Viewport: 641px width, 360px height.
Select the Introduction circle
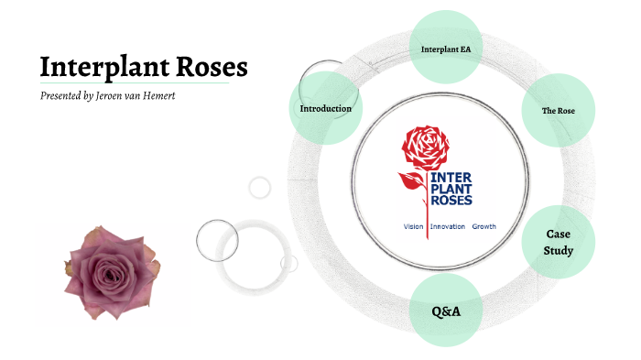pos(325,109)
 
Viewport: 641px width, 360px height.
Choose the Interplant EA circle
pos(445,48)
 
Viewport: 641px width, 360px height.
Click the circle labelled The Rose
pos(558,111)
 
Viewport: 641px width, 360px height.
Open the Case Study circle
pos(559,243)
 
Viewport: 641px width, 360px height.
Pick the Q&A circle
pos(446,311)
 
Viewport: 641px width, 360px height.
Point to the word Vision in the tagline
pos(414,226)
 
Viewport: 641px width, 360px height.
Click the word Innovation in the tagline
pos(448,226)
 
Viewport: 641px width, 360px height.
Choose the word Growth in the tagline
pos(483,226)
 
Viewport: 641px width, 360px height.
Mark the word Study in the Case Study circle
pos(559,251)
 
